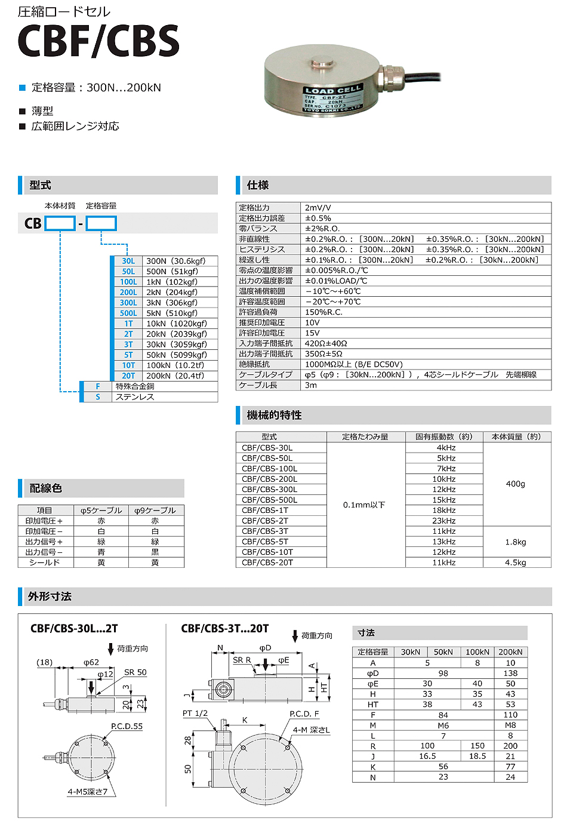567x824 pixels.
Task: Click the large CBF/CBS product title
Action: pos(98,42)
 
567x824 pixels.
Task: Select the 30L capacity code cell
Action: pos(128,261)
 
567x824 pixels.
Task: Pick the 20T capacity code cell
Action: pos(128,376)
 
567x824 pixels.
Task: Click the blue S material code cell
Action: pos(97,397)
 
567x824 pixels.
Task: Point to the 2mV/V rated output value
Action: pos(318,208)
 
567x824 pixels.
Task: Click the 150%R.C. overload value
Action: pos(323,312)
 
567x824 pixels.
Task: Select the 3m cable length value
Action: pos(311,385)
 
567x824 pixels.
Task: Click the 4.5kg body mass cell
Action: pos(516,562)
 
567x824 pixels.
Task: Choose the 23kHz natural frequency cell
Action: pos(444,521)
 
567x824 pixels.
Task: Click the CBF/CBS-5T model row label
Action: pos(265,542)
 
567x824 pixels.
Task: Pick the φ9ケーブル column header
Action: pos(155,511)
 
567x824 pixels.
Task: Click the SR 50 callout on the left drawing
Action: pos(135,672)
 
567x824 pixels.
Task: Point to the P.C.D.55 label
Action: pos(127,727)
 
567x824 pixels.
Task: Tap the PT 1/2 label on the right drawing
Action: pos(195,714)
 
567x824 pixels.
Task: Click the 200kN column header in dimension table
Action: pos(510,652)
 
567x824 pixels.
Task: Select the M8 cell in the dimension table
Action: pos(510,725)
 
